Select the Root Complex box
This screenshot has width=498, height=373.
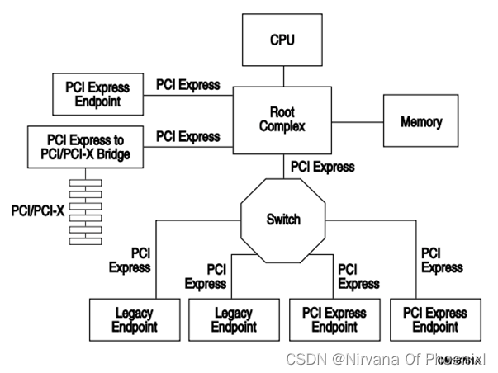(282, 120)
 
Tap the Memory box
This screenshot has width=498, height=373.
(420, 121)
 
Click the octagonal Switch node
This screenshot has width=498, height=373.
(282, 220)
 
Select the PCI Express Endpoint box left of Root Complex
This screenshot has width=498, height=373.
(98, 93)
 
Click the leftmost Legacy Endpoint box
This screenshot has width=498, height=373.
(135, 319)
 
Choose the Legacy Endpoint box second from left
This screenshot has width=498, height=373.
(234, 319)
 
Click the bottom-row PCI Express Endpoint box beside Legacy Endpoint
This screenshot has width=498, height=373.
(334, 319)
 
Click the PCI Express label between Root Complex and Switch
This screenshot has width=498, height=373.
(323, 167)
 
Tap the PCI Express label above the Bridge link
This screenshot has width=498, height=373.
(187, 135)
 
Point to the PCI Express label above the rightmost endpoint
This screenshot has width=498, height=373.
(442, 260)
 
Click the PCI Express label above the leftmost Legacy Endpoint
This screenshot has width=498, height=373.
(130, 260)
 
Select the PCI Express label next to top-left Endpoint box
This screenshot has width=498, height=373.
(187, 84)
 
